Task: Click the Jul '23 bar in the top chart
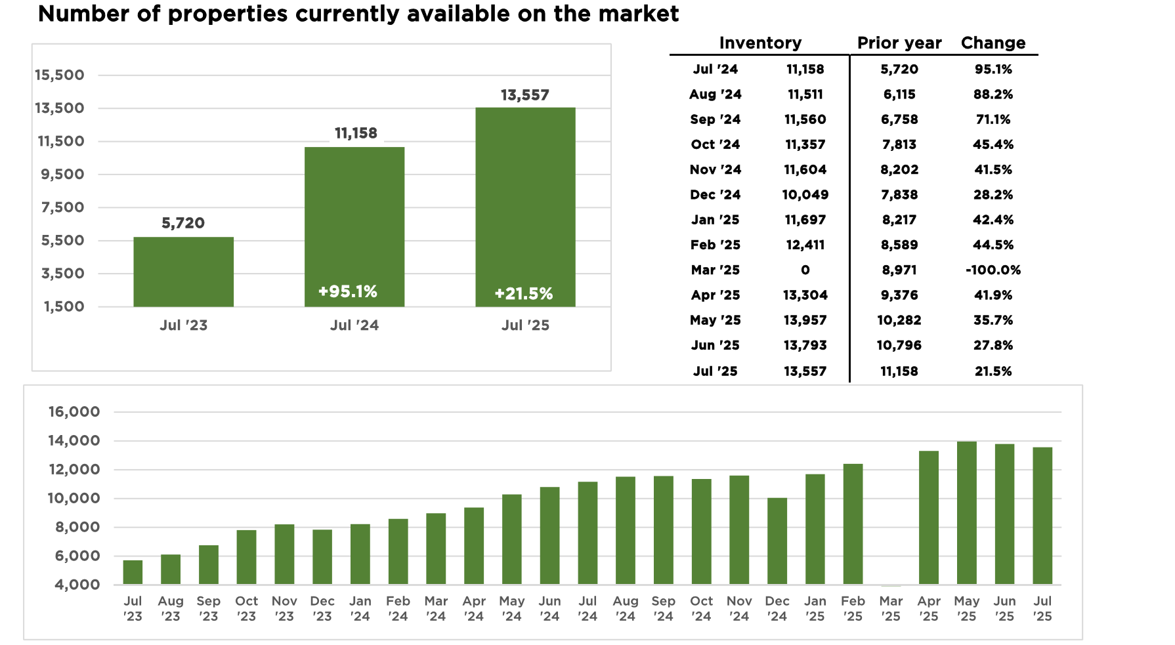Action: pos(183,272)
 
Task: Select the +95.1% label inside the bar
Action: pos(347,291)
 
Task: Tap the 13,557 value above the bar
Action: pos(524,95)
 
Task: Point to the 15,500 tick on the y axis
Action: pos(60,75)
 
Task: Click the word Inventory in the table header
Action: pos(760,43)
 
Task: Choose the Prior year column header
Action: pos(899,43)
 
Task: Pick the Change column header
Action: pos(993,43)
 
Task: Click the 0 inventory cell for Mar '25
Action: pos(805,270)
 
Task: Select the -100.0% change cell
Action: pos(993,270)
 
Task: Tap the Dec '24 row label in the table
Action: pos(715,195)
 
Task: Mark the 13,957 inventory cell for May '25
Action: pos(805,320)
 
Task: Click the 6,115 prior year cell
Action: pos(899,94)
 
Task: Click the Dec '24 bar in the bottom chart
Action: pos(777,541)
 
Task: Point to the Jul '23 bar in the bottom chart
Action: pos(133,572)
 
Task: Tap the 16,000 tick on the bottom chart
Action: pos(74,412)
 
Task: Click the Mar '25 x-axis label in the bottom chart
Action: pos(891,608)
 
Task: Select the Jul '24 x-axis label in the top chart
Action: pos(354,325)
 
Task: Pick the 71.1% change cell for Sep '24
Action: pos(993,119)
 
